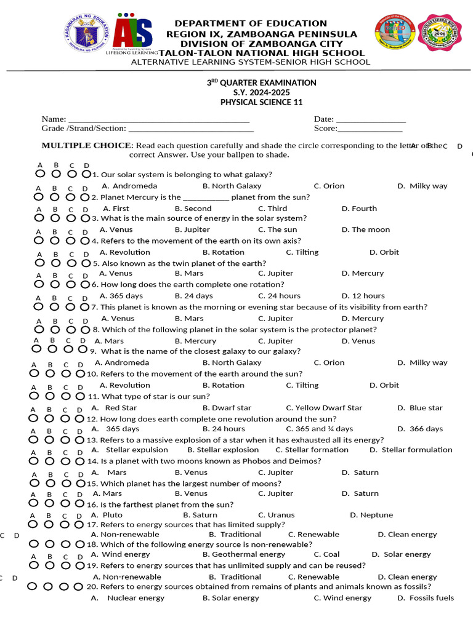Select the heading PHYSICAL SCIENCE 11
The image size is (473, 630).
click(261, 102)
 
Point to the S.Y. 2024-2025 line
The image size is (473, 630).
click(261, 92)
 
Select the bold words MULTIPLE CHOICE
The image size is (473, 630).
click(86, 146)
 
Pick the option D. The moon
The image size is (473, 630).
click(366, 229)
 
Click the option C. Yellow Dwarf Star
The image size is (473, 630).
click(324, 408)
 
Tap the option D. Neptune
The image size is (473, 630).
click(371, 515)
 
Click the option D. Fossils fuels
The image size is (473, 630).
click(426, 598)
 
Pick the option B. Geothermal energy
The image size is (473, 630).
click(244, 554)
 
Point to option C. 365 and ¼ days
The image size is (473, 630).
click(319, 429)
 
